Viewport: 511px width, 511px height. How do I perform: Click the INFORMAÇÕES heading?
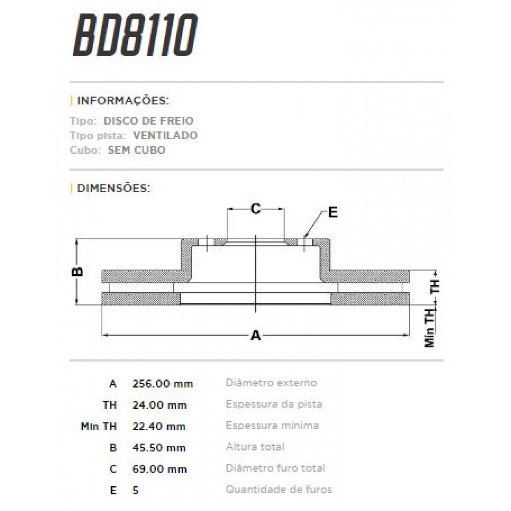123,101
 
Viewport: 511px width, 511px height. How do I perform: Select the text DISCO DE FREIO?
148,121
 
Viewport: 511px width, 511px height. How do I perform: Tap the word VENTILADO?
165,136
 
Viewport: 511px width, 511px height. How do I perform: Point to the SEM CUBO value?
136,150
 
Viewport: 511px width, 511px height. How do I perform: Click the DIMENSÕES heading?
113,188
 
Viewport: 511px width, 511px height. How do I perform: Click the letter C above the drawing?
255,209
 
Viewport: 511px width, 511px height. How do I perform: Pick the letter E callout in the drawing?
333,212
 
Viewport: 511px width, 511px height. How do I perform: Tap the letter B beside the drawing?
78,272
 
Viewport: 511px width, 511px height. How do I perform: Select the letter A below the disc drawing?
255,336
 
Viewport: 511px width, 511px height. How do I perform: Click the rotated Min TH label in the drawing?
430,328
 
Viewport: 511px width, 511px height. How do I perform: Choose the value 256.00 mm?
163,384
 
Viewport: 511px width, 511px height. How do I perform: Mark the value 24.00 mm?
160,405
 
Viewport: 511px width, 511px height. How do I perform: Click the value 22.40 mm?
159,426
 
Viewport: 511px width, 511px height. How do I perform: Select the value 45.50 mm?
159,448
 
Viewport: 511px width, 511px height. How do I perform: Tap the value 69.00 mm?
160,469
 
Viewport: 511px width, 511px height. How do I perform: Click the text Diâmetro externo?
271,383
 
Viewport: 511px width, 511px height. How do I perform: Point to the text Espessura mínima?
272,425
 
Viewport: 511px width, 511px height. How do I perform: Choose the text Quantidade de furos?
278,490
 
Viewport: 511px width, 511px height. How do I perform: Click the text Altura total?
255,447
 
